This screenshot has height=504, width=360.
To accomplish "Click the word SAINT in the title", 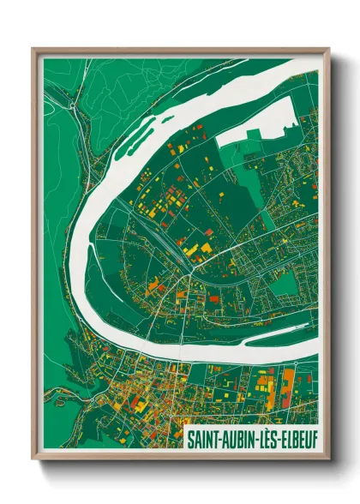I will (x=202, y=436).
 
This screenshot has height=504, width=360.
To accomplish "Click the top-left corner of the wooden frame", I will (x=33, y=49).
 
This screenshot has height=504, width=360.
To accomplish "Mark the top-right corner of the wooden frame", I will (x=328, y=49).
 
